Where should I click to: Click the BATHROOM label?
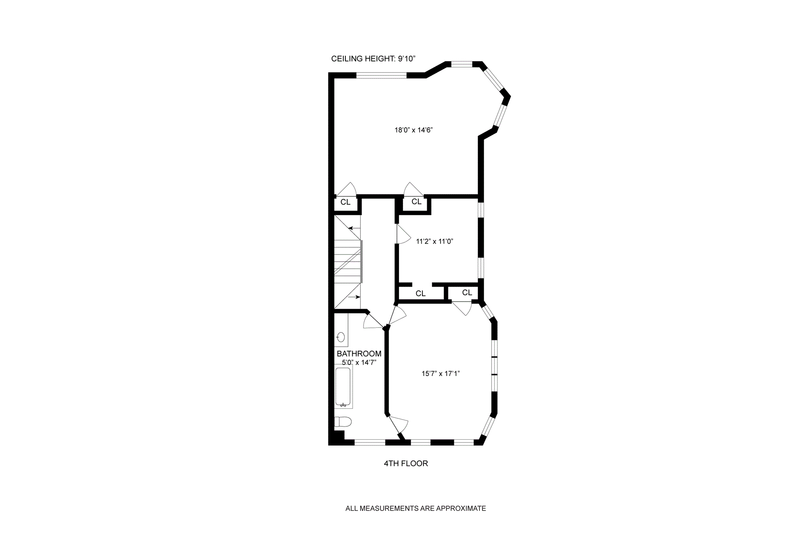[x=359, y=354]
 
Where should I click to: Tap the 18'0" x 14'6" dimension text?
[x=413, y=130]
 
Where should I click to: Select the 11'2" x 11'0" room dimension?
[x=435, y=241]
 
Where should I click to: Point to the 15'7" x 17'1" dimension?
[x=441, y=374]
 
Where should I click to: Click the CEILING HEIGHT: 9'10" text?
[x=373, y=59]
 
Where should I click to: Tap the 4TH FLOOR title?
[x=406, y=464]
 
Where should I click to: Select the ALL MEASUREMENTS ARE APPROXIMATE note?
[x=415, y=509]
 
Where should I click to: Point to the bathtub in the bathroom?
[x=343, y=387]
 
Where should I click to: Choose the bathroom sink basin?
[x=341, y=337]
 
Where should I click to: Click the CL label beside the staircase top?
[x=345, y=202]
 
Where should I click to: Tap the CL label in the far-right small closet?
[x=467, y=293]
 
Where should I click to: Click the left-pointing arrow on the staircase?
[x=355, y=229]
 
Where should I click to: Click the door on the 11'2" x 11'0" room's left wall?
[x=402, y=235]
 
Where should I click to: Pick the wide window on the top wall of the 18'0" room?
[x=381, y=76]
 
